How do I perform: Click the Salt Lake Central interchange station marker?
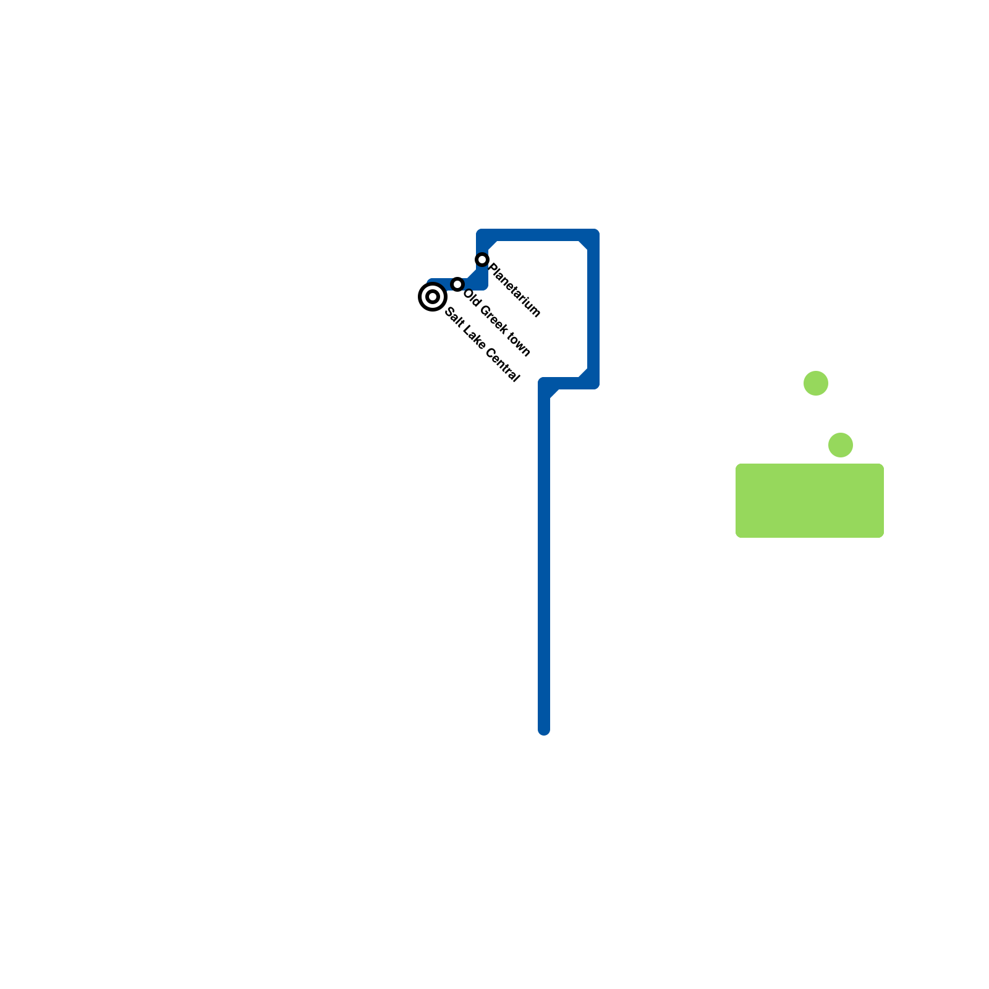[x=433, y=297]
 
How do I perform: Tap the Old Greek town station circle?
[x=457, y=284]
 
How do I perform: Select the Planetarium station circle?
[x=482, y=260]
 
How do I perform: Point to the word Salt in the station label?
[x=453, y=318]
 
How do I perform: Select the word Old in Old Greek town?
[x=470, y=298]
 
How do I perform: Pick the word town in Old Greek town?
[x=518, y=346]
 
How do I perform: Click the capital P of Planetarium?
[x=493, y=269]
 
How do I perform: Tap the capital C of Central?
[x=490, y=354]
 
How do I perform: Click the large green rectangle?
[x=810, y=501]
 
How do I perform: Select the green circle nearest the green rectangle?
[x=841, y=445]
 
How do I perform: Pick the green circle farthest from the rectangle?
[x=816, y=383]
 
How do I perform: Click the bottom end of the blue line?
[x=544, y=729]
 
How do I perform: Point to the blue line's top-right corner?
[x=593, y=235]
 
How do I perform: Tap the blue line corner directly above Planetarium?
[x=482, y=235]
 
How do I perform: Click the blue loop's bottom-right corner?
[x=593, y=383]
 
